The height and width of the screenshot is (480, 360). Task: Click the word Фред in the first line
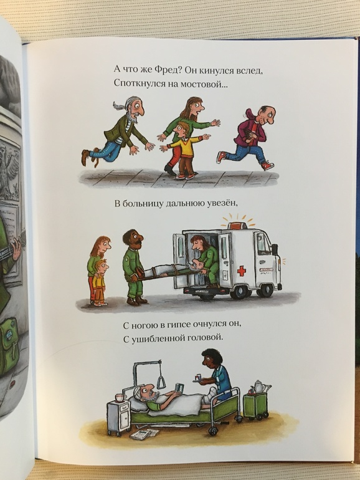tap(164, 70)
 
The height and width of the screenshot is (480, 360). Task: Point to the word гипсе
tap(179, 325)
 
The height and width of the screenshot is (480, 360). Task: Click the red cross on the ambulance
tap(242, 271)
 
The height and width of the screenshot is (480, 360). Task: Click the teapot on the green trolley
tap(259, 387)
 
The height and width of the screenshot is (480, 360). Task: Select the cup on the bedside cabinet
tap(120, 398)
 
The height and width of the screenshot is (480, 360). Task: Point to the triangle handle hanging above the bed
tap(161, 382)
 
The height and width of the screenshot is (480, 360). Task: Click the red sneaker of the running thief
tap(267, 165)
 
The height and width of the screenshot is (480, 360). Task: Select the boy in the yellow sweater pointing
tap(184, 150)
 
